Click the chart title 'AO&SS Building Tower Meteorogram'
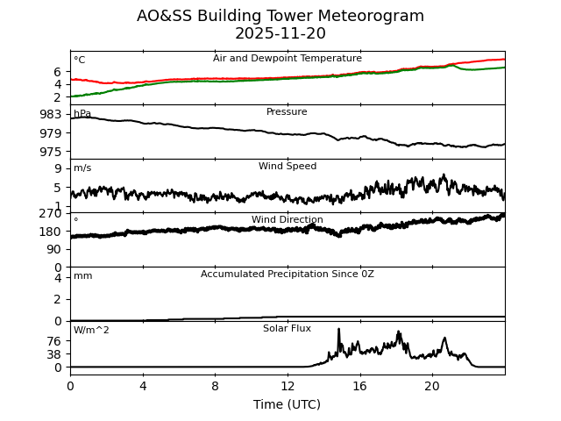(280, 16)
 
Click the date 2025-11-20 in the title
(280, 33)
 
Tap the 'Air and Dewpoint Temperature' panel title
(287, 59)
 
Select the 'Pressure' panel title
(287, 112)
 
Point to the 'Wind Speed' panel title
(287, 167)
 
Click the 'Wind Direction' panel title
(287, 220)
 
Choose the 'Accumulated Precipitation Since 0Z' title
(287, 275)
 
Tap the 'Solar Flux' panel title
(287, 329)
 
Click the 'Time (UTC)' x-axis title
(287, 404)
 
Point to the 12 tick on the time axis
(288, 386)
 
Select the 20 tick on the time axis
(432, 386)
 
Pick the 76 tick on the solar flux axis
(54, 341)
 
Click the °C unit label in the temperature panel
(79, 61)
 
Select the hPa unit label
(82, 114)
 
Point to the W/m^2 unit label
(91, 331)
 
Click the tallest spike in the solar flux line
(338, 330)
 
